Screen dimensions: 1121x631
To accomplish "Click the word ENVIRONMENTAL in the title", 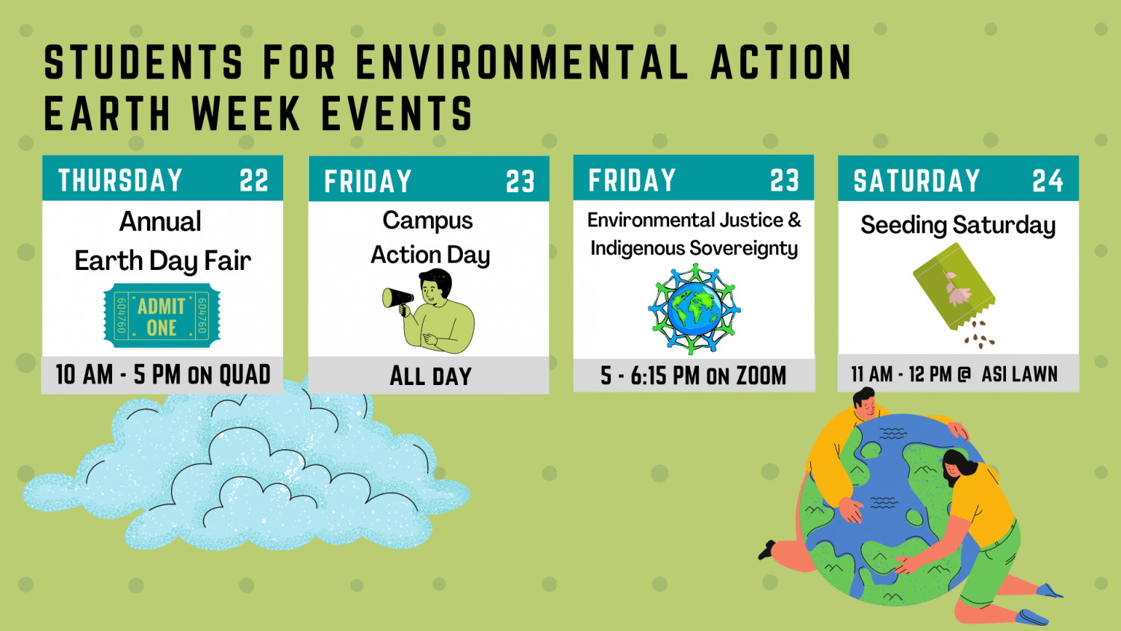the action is pos(523,63).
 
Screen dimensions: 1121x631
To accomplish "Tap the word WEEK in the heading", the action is pos(245,113).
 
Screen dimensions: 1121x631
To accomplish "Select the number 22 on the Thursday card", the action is pos(254,180).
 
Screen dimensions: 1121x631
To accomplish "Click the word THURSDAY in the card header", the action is pos(120,180).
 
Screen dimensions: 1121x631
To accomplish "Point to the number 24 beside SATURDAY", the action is pos(1047,180).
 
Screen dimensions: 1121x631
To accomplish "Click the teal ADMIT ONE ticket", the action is pos(161,315).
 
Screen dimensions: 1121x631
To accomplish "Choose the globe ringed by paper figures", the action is pos(694,309).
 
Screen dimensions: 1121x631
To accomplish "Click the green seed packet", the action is pos(954,286).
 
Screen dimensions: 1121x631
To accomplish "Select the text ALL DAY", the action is pos(430,376).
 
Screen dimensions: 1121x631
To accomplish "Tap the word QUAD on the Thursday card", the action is pos(245,375).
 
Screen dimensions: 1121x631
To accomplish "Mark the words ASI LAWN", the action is pos(1019,374).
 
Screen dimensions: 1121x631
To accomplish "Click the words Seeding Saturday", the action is pos(958,225).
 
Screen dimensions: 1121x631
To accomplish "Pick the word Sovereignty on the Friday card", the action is pos(744,249).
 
